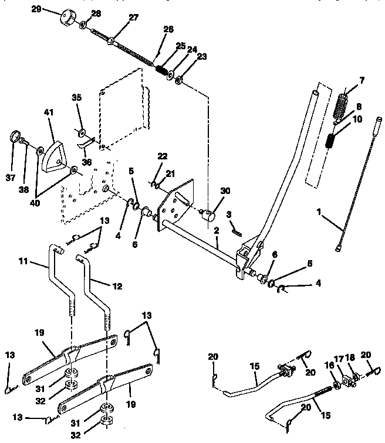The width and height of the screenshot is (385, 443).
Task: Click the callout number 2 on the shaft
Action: click(x=216, y=232)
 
